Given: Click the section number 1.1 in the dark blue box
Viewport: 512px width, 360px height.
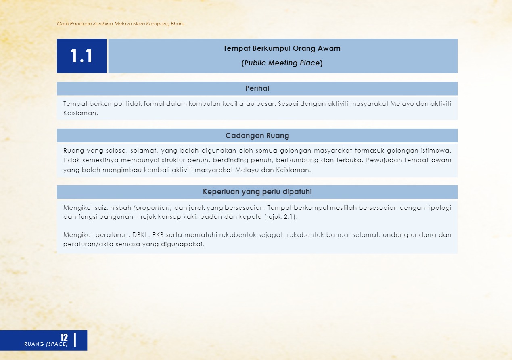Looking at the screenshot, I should click(x=82, y=56).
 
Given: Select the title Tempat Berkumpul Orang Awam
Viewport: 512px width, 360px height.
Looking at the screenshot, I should click(x=282, y=48).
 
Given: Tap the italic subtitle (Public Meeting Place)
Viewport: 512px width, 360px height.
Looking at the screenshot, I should click(x=282, y=63).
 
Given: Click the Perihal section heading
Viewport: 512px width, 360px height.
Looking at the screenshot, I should click(x=257, y=88).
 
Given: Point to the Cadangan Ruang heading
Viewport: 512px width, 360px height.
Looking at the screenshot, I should click(x=257, y=136).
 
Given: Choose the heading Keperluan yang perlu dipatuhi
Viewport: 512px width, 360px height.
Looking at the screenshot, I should click(x=257, y=192).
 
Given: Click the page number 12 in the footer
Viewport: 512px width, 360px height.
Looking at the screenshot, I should click(x=64, y=337).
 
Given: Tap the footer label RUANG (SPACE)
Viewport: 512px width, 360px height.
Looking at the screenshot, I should click(x=46, y=344).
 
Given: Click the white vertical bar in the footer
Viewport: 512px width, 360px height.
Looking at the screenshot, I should click(x=75, y=339).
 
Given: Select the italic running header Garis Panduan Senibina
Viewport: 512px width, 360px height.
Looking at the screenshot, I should click(x=121, y=24).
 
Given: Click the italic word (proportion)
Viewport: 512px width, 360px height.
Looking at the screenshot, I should click(x=153, y=208).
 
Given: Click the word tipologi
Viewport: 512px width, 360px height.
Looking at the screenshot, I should click(x=439, y=208).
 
